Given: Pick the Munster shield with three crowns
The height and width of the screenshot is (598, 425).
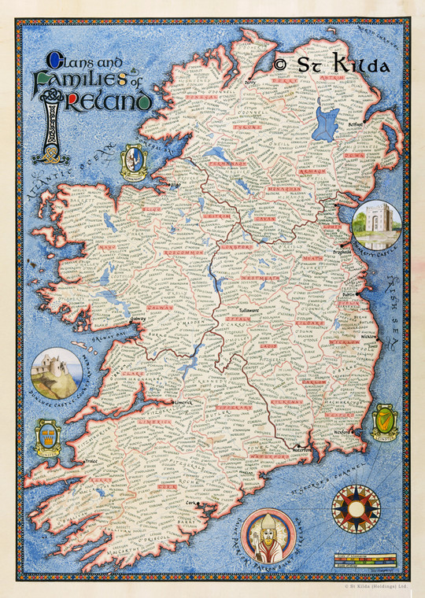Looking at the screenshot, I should click(x=48, y=437).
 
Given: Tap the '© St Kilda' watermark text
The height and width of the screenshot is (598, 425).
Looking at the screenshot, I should click(x=331, y=65).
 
